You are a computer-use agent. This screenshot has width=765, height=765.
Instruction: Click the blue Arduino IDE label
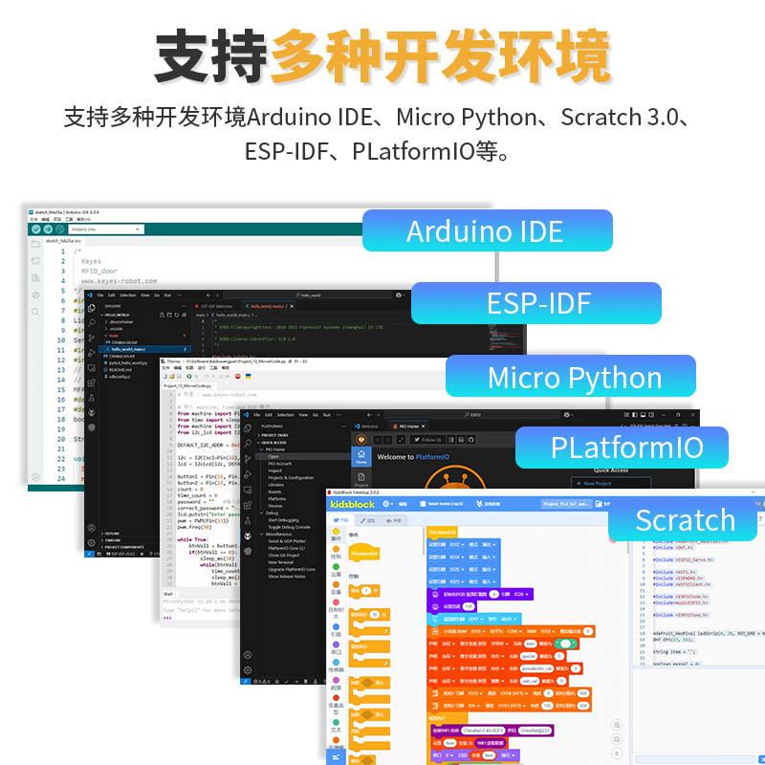[486, 231]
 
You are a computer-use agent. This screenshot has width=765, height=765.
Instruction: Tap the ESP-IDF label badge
[537, 303]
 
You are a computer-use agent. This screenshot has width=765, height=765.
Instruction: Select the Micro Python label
[575, 377]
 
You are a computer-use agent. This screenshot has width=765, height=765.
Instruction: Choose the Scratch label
[685, 520]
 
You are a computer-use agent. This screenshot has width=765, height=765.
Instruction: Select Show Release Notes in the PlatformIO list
[288, 577]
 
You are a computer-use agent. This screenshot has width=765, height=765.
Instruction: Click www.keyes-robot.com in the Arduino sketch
[119, 281]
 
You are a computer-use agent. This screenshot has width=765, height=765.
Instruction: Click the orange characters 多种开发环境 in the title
[440, 57]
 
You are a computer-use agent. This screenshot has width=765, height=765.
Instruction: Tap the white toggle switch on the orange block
[568, 645]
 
